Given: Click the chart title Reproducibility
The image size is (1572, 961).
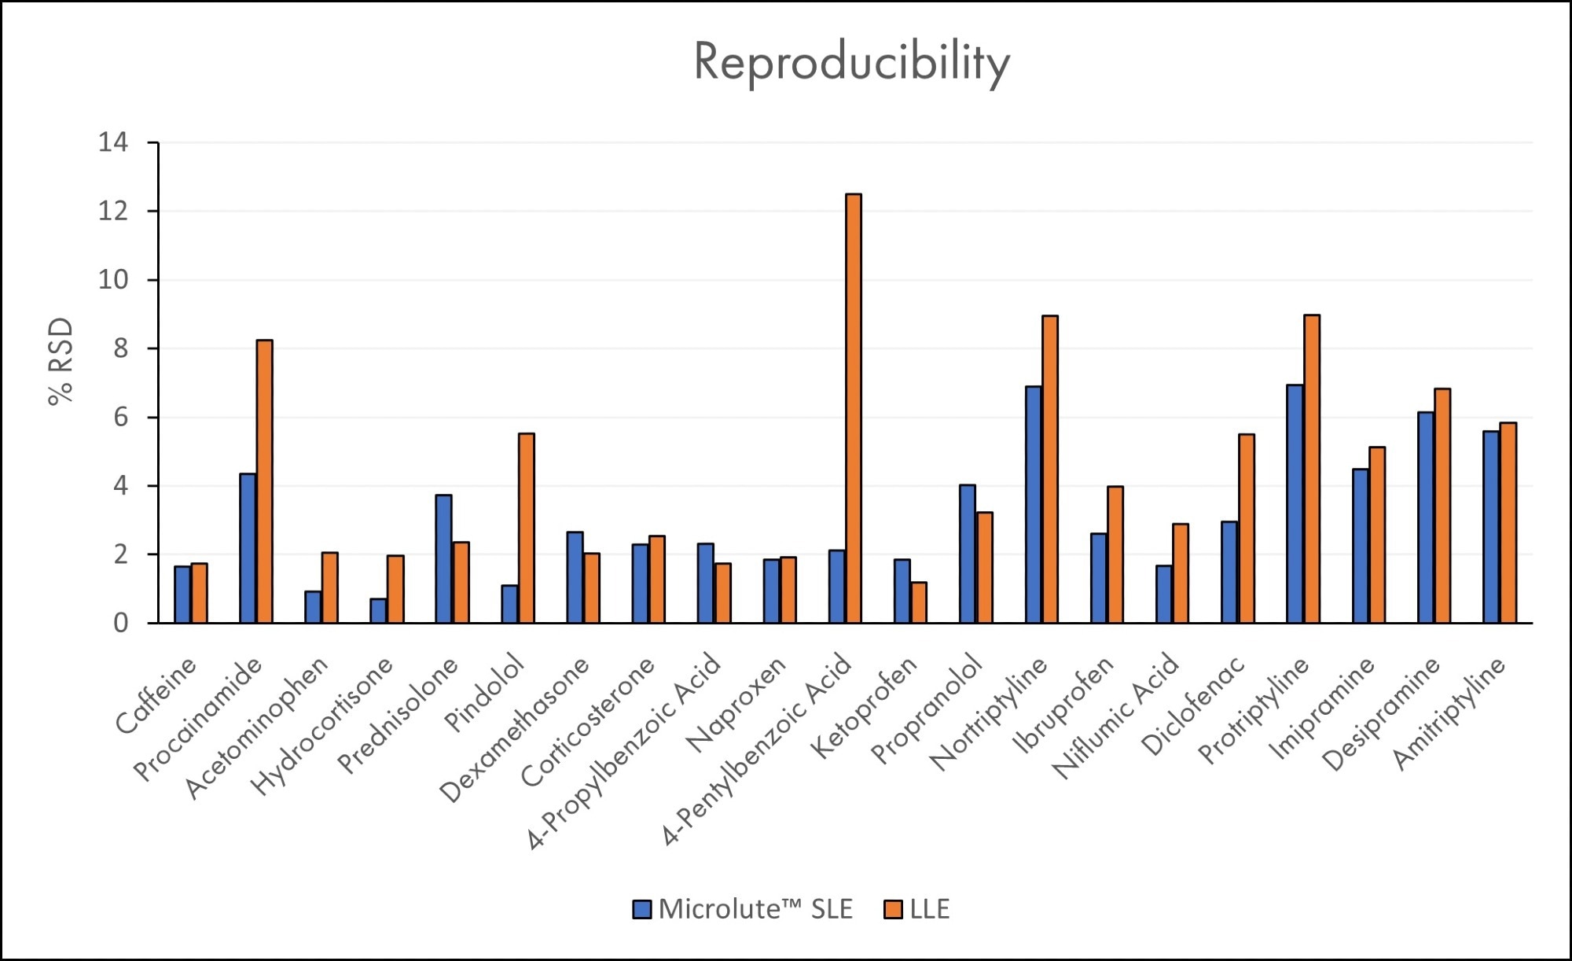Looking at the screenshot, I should coord(851,62).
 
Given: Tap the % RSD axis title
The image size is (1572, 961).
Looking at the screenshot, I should coord(61,361).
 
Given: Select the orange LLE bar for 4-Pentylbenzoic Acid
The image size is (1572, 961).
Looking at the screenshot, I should coord(853,409).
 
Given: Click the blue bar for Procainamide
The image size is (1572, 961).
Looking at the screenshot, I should coord(248,548).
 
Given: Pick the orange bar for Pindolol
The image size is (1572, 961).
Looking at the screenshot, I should coord(527,528).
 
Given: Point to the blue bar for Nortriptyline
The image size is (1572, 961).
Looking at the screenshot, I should coord(1034,505).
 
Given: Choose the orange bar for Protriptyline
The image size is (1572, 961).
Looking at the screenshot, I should coord(1312,469).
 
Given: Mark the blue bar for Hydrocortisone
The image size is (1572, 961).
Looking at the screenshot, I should coord(378,611).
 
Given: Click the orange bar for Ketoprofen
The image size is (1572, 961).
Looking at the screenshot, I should coord(918,602).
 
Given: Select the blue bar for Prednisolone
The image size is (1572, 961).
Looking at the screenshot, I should coord(443,559).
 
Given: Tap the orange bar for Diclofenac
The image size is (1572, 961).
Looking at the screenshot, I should coord(1247,528).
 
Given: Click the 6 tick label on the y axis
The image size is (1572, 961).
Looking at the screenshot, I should coord(120,418).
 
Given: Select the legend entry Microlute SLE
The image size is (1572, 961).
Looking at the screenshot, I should coord(743,909).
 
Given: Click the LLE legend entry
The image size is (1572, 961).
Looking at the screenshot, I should coord(918,909).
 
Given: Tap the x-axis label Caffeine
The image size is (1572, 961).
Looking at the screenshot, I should coord(156,697).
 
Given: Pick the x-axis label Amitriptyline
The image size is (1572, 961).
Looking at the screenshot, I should coord(1450,712).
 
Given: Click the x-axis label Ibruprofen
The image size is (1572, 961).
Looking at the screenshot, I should coord(1063,705).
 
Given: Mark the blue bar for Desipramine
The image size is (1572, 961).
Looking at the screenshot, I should coord(1426,517).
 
